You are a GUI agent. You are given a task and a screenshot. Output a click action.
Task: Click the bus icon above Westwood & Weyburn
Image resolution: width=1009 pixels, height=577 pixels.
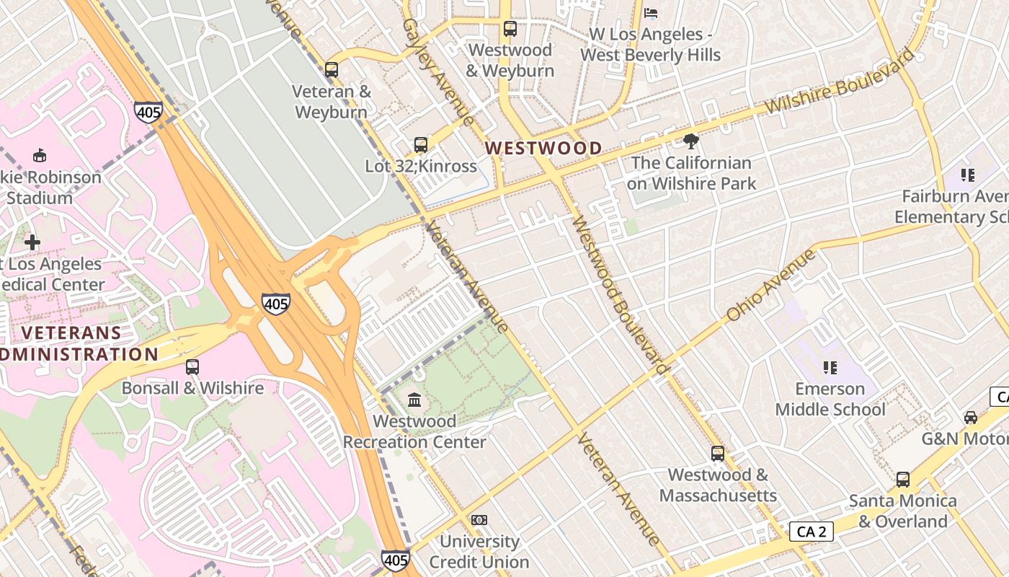click(510, 29)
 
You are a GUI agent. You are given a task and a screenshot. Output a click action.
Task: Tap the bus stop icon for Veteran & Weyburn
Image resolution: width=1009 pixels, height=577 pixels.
click(332, 70)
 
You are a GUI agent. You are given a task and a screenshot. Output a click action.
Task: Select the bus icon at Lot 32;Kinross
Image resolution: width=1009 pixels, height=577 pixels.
click(421, 145)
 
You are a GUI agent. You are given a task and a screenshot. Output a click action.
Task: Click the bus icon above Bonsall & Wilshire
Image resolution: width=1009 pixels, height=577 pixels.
click(192, 367)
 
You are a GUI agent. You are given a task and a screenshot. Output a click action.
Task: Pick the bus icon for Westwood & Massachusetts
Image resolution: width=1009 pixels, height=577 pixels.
click(718, 454)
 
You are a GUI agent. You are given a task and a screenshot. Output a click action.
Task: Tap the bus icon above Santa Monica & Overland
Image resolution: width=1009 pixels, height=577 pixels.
click(902, 480)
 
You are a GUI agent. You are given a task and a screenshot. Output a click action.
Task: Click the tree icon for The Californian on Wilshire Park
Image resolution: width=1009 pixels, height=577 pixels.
click(691, 141)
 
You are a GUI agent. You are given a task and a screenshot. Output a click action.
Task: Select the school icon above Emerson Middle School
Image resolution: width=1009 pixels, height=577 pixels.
click(830, 368)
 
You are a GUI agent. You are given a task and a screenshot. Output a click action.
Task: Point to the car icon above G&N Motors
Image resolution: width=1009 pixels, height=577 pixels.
click(971, 418)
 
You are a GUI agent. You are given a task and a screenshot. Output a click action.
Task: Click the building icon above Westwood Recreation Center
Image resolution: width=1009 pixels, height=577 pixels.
click(414, 400)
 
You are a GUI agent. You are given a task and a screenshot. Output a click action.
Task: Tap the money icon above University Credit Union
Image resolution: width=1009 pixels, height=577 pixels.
click(479, 520)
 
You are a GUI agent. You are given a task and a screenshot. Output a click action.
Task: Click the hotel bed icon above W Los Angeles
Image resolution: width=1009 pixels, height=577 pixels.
click(651, 13)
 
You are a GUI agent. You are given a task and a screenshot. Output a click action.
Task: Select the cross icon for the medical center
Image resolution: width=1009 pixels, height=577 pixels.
click(32, 243)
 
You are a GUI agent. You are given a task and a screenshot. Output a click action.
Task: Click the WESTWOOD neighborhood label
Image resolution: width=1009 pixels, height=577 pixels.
click(543, 149)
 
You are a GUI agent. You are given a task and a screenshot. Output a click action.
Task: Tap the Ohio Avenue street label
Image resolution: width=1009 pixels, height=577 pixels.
click(770, 285)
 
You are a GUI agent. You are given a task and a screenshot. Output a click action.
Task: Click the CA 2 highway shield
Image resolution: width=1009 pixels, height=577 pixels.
click(811, 532)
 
